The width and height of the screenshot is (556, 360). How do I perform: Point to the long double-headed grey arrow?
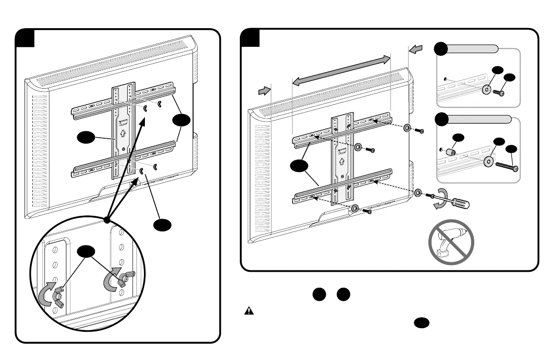pyautogui.click(x=341, y=70)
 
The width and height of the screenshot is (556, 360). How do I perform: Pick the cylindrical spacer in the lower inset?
pyautogui.click(x=452, y=150)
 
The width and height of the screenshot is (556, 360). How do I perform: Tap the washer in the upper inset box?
pyautogui.click(x=486, y=90)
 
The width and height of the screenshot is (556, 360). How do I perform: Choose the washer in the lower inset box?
pyautogui.click(x=489, y=160)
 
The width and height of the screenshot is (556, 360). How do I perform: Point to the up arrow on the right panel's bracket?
pyautogui.click(x=342, y=162)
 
